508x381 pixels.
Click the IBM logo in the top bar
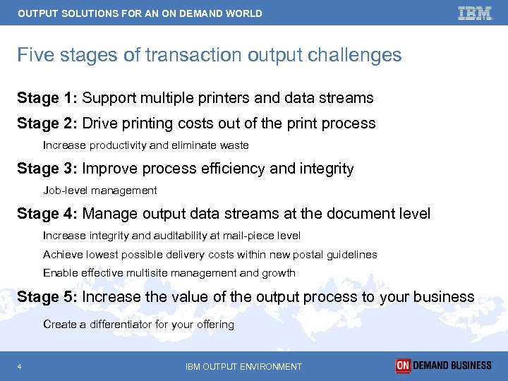(475, 13)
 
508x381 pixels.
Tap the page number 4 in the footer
(20, 366)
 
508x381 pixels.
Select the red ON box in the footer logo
(403, 365)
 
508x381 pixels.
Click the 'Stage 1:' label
(47, 98)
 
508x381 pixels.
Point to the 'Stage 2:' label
(47, 123)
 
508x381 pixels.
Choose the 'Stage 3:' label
(47, 169)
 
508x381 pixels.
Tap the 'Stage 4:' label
(47, 214)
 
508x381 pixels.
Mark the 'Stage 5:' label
(47, 297)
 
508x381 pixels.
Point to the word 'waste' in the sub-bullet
(235, 145)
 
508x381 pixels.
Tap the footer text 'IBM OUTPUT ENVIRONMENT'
(243, 366)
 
